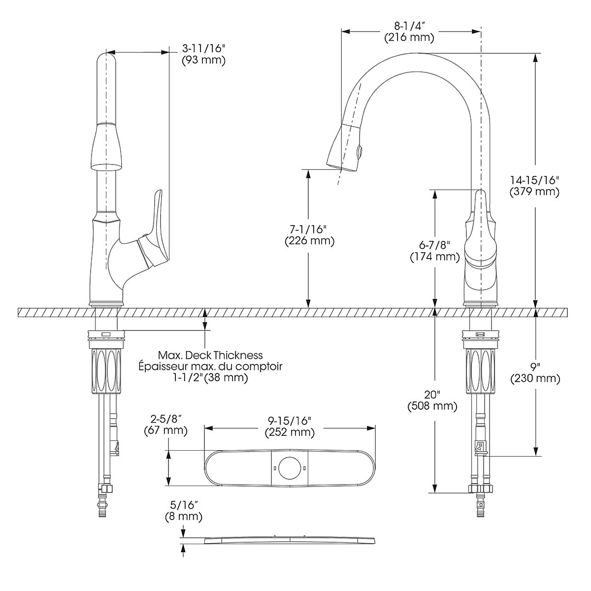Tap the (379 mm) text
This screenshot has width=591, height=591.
coord(534,192)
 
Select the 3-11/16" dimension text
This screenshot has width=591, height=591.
coord(203,48)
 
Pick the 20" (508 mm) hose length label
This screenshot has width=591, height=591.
coord(432,400)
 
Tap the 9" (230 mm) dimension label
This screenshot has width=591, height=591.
coord(535,373)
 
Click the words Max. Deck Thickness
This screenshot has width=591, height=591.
coord(210,355)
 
